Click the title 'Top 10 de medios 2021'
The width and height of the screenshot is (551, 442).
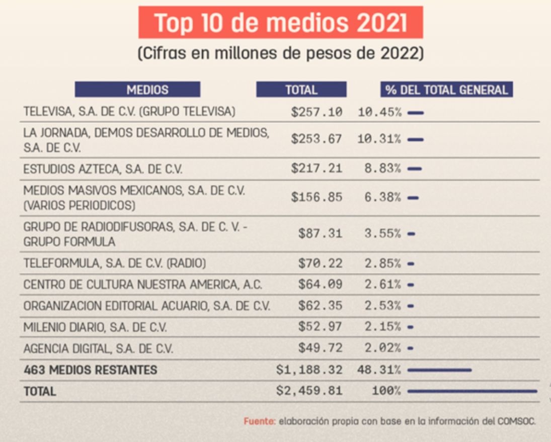[280, 23]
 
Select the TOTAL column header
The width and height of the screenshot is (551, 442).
[301, 90]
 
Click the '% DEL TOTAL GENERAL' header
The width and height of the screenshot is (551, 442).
[446, 90]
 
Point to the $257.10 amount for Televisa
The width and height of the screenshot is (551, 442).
[317, 112]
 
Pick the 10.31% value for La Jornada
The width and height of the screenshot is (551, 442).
[379, 139]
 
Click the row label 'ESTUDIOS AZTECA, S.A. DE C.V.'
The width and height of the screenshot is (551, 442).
[103, 169]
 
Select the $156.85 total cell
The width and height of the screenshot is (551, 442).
[317, 197]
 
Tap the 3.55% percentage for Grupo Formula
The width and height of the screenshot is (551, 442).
[382, 233]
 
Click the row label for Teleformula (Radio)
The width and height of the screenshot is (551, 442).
[115, 263]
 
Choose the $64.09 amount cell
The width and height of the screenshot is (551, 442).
[320, 284]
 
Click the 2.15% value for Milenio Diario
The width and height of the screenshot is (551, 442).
[382, 327]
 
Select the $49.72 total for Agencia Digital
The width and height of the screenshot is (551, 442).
[320, 348]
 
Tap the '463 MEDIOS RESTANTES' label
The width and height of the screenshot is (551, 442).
[90, 370]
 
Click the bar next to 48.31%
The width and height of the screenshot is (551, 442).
[439, 370]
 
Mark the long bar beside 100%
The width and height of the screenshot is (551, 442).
[473, 391]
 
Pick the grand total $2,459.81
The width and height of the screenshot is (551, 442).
[309, 391]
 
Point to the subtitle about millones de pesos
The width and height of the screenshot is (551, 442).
[281, 53]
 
